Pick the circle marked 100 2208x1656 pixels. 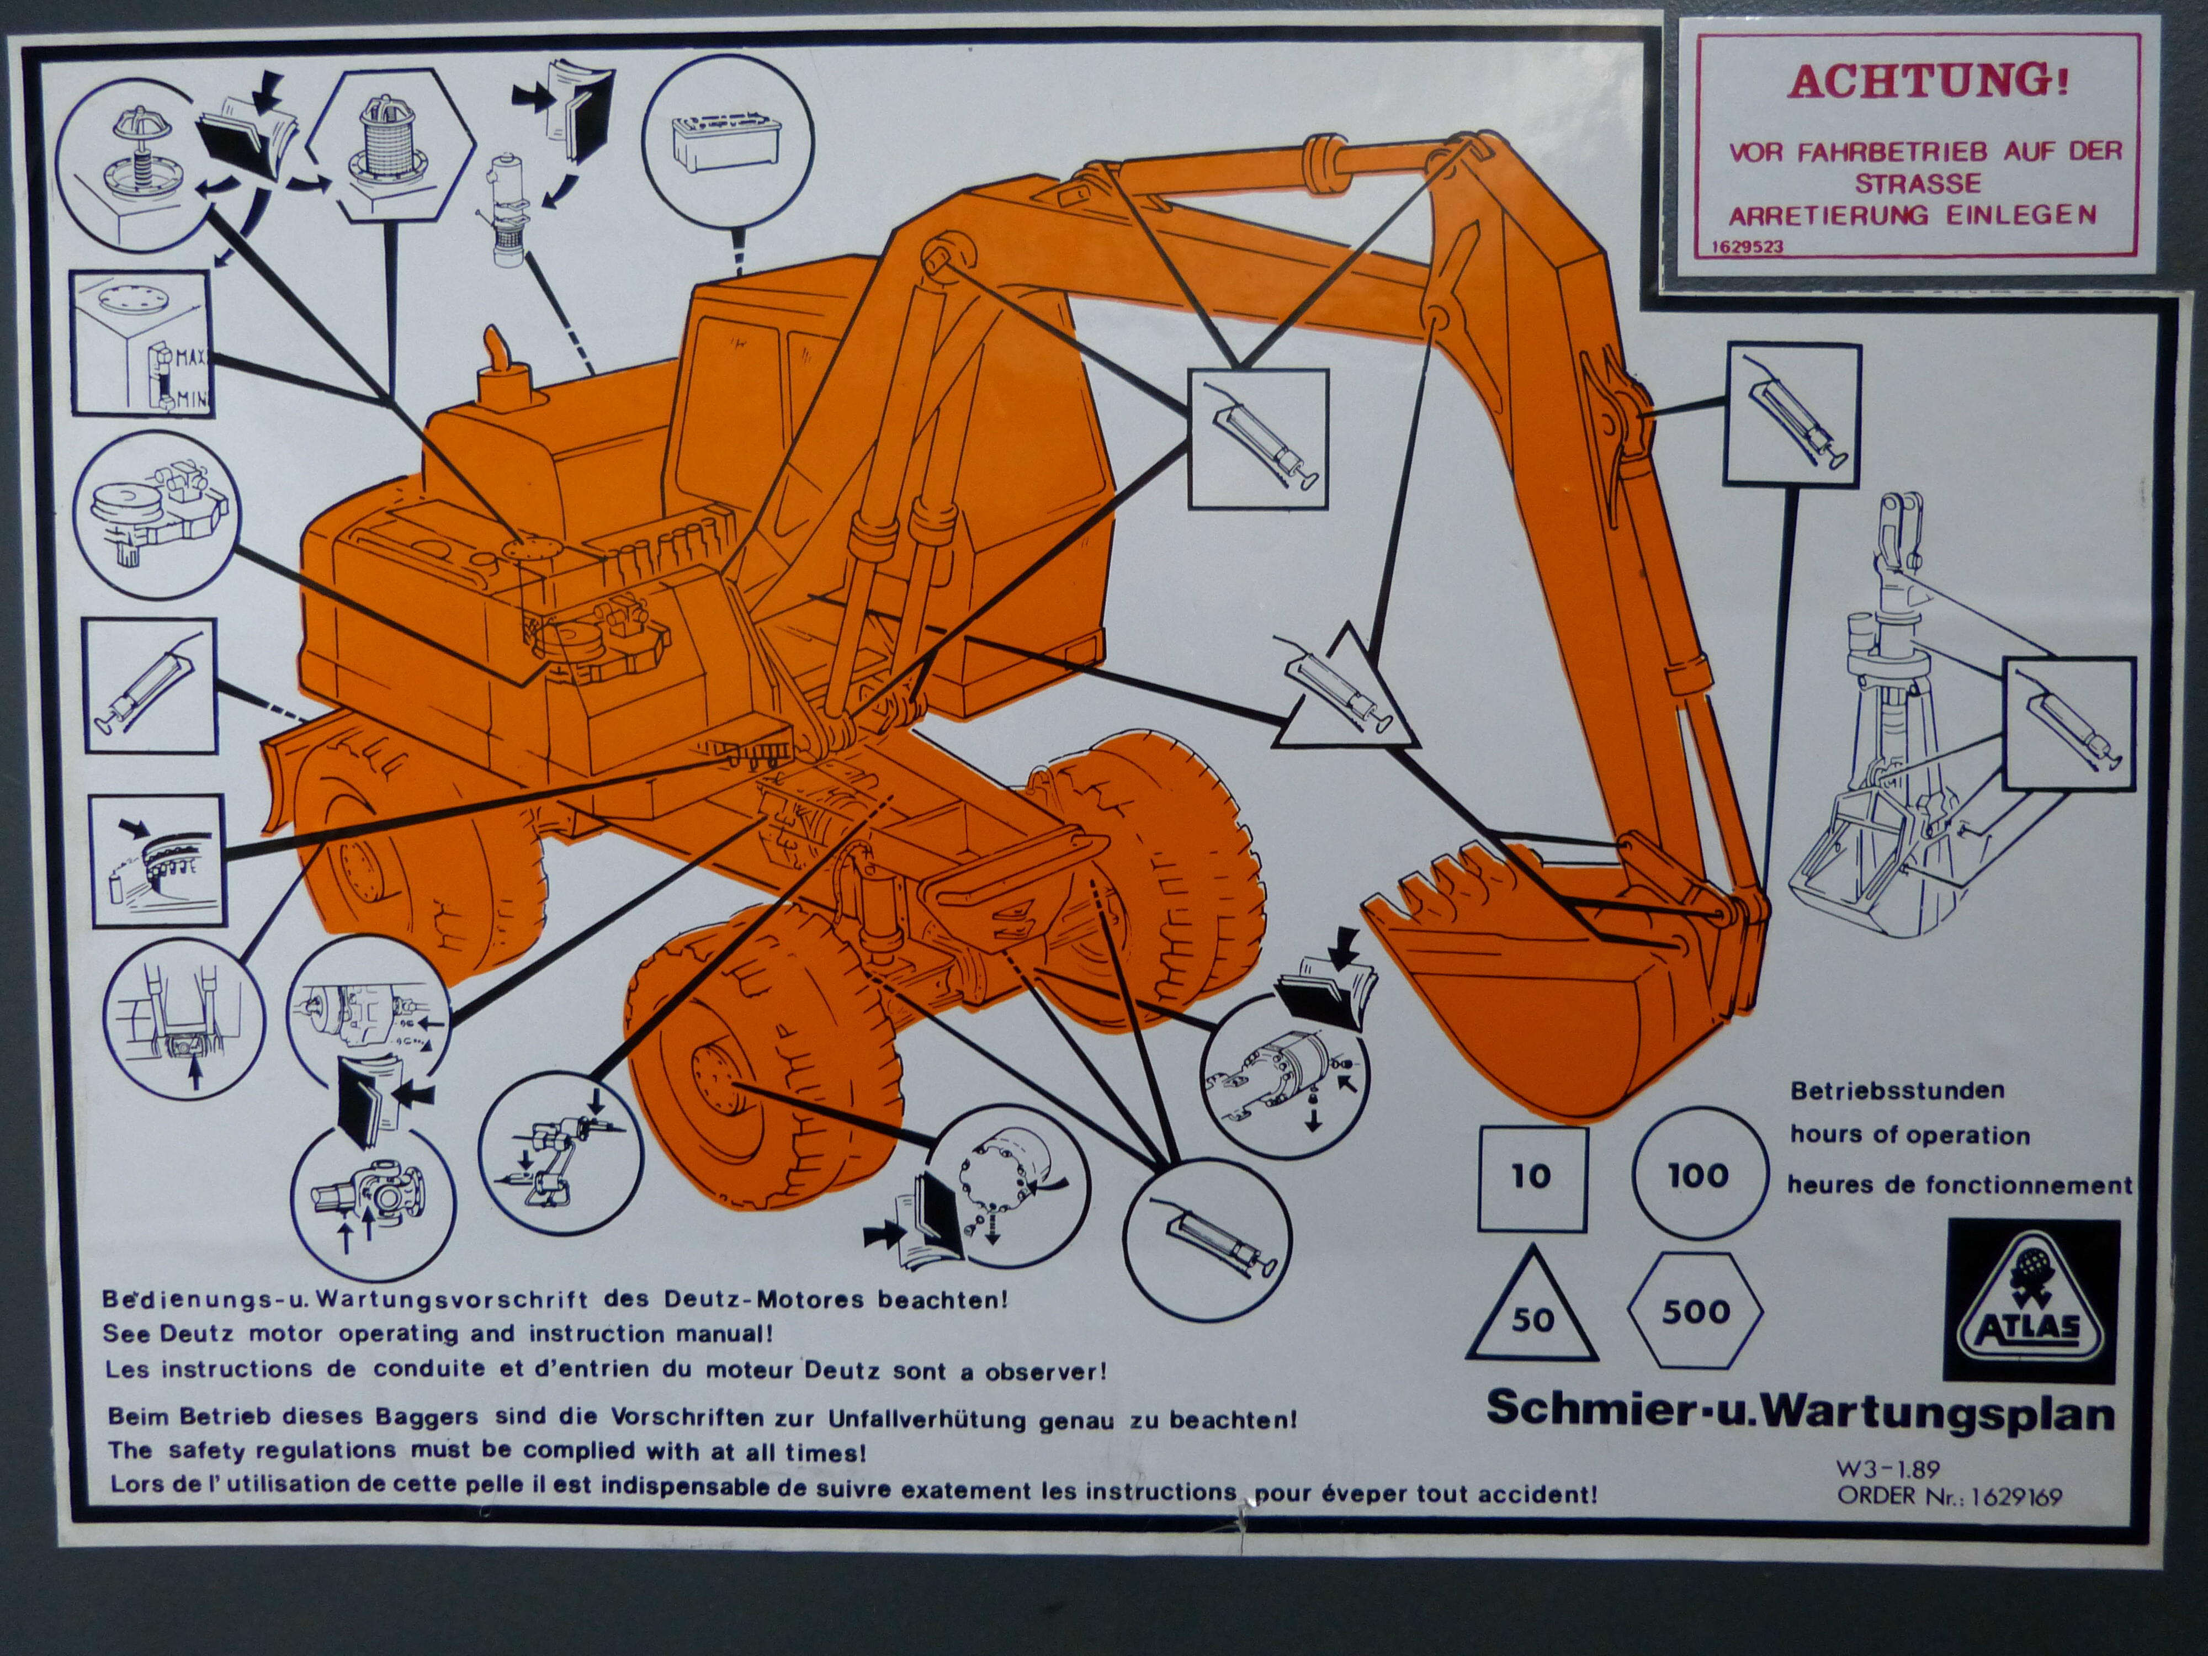click(x=1698, y=1175)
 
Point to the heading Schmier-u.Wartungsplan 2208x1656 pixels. click(x=1800, y=1411)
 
